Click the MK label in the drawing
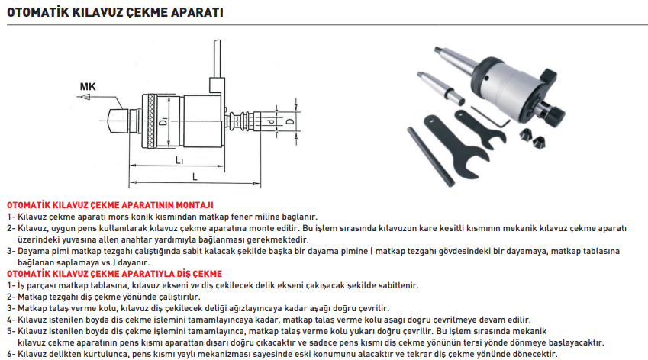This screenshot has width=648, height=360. click(x=88, y=86)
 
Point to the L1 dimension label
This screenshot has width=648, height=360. click(x=178, y=161)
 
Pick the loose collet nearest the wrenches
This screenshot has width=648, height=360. click(x=524, y=136)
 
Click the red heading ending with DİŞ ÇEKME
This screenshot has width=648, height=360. click(x=114, y=272)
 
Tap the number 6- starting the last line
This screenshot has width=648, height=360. click(x=11, y=354)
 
